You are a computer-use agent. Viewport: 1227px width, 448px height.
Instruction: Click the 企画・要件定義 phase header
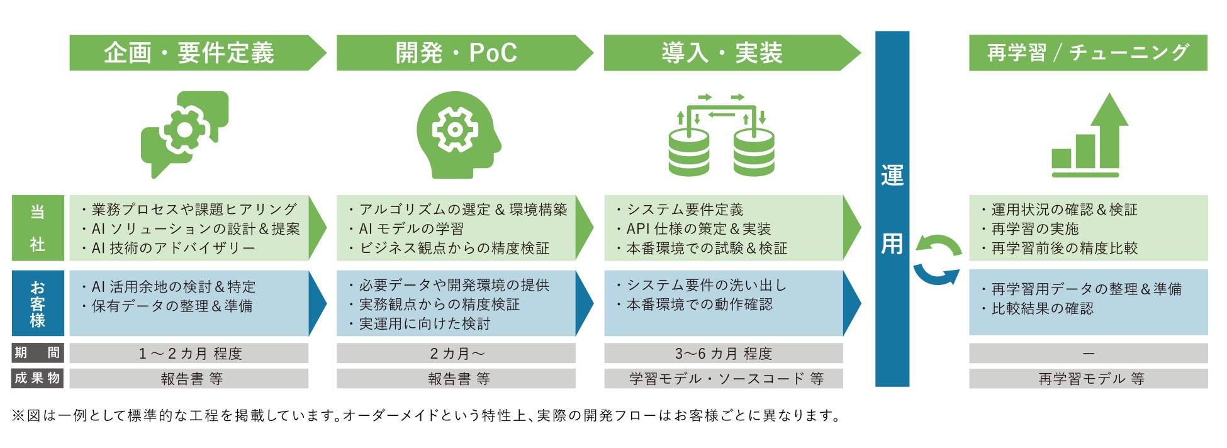point(189,53)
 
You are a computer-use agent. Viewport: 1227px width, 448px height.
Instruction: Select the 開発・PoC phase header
point(456,53)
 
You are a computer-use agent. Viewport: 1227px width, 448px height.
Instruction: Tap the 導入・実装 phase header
point(722,53)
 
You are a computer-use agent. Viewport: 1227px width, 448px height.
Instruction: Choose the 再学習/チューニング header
point(1087,53)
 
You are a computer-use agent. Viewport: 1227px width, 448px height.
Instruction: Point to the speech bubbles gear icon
point(184,133)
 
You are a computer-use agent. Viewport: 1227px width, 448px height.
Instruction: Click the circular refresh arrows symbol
point(937,260)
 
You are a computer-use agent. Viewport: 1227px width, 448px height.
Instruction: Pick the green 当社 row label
point(38,228)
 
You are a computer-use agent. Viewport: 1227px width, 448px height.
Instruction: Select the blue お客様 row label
point(38,303)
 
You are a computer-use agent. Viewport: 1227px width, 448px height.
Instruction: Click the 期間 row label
point(38,353)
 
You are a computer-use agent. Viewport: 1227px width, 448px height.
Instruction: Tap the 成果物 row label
point(38,378)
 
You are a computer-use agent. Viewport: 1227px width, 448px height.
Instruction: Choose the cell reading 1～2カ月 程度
point(189,354)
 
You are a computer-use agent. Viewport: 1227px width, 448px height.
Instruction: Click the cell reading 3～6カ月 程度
point(723,354)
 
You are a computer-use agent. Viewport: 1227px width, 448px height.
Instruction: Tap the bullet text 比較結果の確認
point(1042,308)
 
